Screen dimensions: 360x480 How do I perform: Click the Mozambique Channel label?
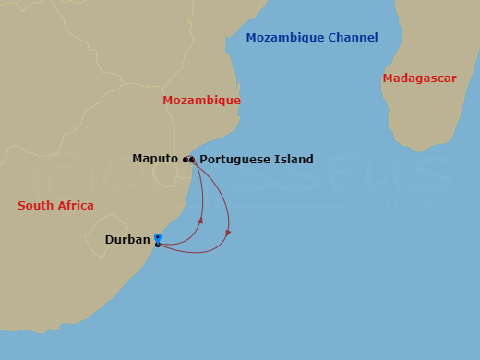tap(311, 38)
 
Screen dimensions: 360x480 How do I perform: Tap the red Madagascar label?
tap(419, 78)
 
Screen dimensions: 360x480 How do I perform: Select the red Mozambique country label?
tap(201, 100)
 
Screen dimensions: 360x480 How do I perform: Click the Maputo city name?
tap(154, 159)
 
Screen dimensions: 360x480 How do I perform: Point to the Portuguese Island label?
tap(256, 160)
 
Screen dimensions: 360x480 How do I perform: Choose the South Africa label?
tap(55, 206)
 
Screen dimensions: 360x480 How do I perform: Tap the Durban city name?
tap(127, 240)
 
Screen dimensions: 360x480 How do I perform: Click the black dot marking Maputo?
tap(186, 160)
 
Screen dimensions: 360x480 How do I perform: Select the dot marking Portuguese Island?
tap(192, 160)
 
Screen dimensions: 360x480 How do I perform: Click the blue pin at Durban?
tap(158, 237)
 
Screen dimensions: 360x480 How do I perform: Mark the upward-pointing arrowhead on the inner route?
tap(200, 220)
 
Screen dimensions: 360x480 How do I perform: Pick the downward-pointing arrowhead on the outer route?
tap(228, 234)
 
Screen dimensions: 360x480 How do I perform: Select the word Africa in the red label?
tap(75, 206)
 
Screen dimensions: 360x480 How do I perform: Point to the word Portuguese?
tap(234, 160)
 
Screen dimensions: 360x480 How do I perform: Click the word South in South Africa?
tap(35, 206)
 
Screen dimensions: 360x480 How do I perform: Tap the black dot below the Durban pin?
tap(158, 245)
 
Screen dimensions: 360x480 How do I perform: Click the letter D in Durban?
tap(109, 240)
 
